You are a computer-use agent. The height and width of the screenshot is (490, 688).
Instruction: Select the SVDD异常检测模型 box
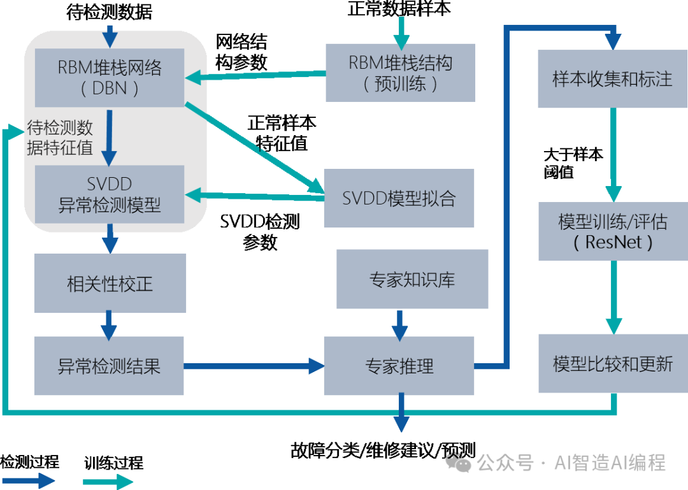pyautogui.click(x=110, y=194)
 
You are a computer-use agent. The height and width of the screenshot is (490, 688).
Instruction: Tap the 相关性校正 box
pyautogui.click(x=110, y=283)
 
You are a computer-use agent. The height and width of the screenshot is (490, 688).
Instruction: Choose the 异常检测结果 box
pyautogui.click(x=110, y=366)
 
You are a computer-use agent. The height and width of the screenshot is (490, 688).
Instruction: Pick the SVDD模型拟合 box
pyautogui.click(x=399, y=198)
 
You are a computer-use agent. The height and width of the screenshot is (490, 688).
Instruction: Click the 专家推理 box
pyautogui.click(x=399, y=366)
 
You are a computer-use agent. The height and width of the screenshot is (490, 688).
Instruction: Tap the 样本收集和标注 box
pyautogui.click(x=612, y=79)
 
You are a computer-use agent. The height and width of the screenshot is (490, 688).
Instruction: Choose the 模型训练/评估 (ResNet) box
pyautogui.click(x=612, y=231)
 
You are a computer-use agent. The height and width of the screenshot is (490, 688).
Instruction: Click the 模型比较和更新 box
pyautogui.click(x=612, y=363)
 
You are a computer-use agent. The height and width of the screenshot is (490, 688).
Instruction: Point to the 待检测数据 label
pyautogui.click(x=110, y=11)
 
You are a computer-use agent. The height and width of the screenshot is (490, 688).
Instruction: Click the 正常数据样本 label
pyautogui.click(x=400, y=9)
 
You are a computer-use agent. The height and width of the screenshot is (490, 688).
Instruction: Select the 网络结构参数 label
pyautogui.click(x=241, y=52)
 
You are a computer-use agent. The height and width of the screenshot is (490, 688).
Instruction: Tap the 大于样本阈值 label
pyautogui.click(x=573, y=163)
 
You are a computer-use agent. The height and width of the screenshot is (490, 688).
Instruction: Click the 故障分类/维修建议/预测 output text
pyautogui.click(x=383, y=450)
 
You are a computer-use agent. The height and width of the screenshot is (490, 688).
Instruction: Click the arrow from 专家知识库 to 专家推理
pyautogui.click(x=399, y=325)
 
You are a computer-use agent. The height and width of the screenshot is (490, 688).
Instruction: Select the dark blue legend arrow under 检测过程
pyautogui.click(x=29, y=480)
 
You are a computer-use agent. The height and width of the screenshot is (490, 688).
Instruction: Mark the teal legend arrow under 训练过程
pyautogui.click(x=108, y=480)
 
